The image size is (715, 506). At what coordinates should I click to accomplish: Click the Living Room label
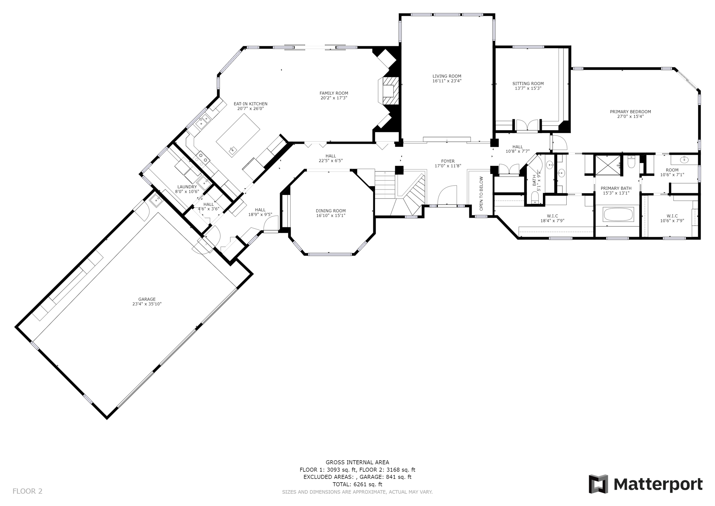(447, 76)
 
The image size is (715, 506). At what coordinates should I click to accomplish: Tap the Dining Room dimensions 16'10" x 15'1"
(331, 216)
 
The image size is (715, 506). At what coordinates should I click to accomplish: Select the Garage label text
(147, 299)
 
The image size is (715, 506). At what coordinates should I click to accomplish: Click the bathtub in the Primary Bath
(618, 215)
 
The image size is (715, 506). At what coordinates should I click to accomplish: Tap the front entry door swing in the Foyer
(447, 196)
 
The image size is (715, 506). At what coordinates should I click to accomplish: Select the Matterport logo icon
(598, 484)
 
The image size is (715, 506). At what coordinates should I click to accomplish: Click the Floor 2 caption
(27, 491)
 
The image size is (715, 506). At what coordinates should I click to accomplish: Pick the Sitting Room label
(528, 84)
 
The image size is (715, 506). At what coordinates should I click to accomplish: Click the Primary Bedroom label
(630, 112)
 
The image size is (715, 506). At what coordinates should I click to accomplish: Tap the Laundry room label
(187, 187)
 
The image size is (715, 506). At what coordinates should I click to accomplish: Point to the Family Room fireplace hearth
(388, 91)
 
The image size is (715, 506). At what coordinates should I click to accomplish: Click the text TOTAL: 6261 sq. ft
(357, 484)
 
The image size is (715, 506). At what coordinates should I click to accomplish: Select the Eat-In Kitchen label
(250, 104)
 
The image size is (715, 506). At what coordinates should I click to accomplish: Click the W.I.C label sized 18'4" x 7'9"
(552, 216)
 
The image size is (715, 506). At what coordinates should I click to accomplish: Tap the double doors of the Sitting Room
(527, 126)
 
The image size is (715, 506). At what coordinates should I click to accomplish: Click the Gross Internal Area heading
(357, 462)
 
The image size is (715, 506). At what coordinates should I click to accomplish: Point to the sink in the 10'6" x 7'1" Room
(684, 160)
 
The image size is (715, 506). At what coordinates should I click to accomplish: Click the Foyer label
(448, 161)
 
